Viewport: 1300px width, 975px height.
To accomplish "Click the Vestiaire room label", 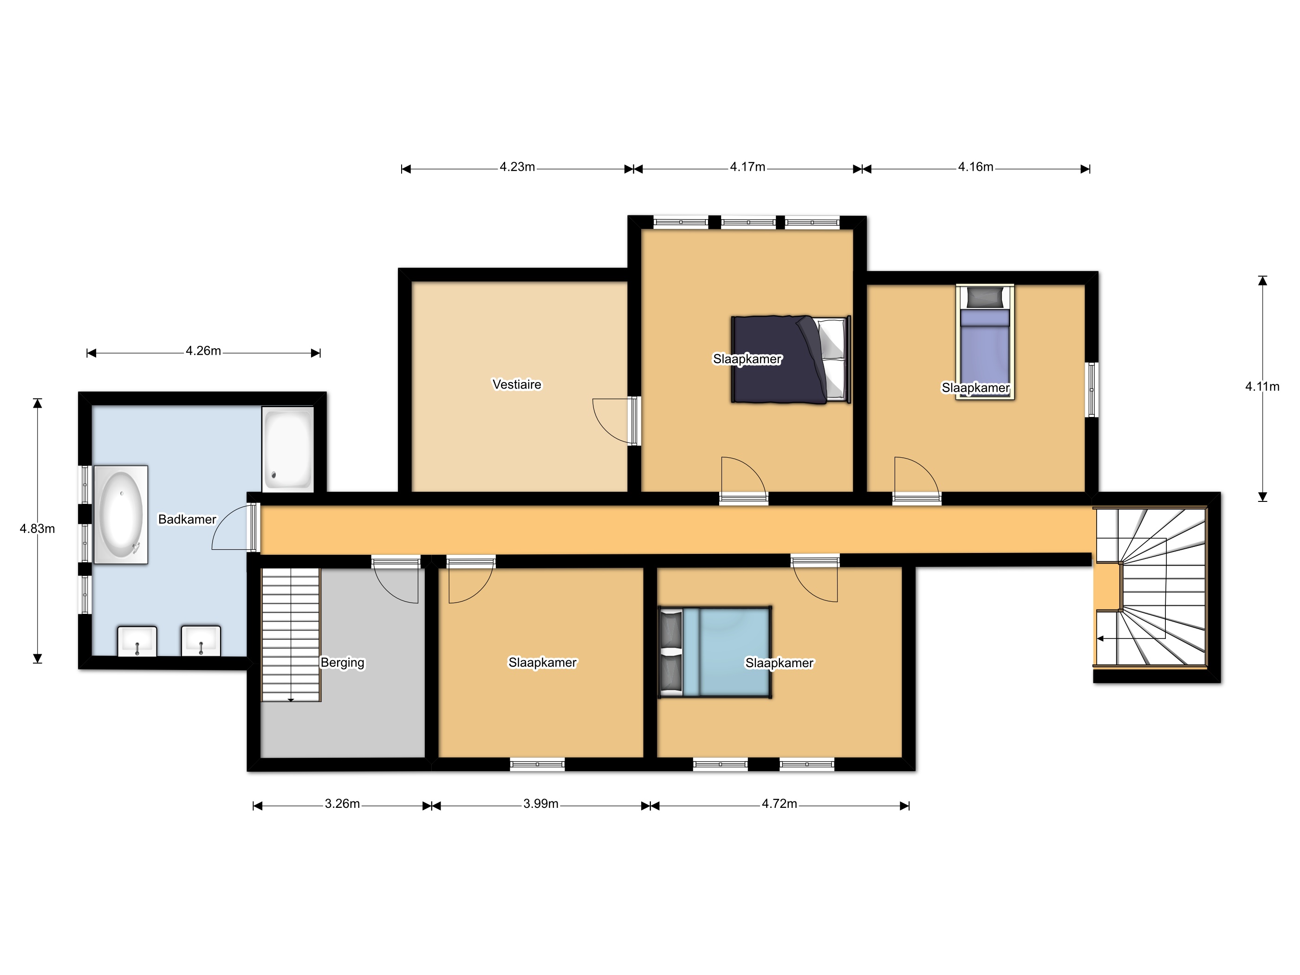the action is pyautogui.click(x=517, y=384).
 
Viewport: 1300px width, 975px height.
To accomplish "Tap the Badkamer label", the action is pyautogui.click(x=188, y=520).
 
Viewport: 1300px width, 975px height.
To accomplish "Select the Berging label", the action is pyautogui.click(x=343, y=663).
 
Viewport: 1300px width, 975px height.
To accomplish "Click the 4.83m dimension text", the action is pyautogui.click(x=38, y=529).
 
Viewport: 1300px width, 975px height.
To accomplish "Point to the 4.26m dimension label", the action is pyautogui.click(x=203, y=351).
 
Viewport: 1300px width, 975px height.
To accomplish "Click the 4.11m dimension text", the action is pyautogui.click(x=1262, y=387).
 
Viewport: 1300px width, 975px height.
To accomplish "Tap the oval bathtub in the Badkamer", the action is pyautogui.click(x=120, y=515).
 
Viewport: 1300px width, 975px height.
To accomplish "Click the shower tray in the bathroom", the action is pyautogui.click(x=287, y=449).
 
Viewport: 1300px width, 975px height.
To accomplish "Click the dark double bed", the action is pyautogui.click(x=791, y=360).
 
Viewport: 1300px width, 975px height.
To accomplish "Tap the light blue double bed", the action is pyautogui.click(x=715, y=652).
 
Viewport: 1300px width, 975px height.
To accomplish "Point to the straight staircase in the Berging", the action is pyautogui.click(x=291, y=635).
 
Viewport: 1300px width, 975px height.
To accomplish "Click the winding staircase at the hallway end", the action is pyautogui.click(x=1150, y=587).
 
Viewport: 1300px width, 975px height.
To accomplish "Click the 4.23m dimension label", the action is pyautogui.click(x=517, y=167).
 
